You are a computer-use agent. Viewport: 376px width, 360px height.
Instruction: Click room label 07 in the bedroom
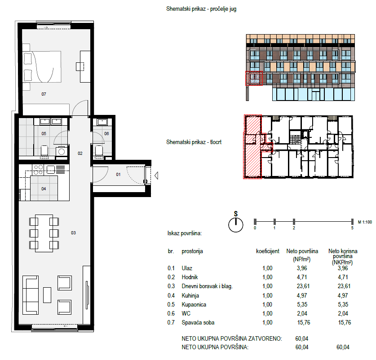point(44,94)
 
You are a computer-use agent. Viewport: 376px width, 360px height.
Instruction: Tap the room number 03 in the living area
point(73,233)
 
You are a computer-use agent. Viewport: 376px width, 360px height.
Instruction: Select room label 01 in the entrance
point(118,175)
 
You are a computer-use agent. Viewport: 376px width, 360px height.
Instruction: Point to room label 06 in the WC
point(106,133)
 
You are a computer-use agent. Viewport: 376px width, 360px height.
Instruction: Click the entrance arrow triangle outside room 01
point(156,176)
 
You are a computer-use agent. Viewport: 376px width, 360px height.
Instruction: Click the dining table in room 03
point(44,233)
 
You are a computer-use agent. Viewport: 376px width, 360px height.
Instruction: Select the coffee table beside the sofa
point(47,295)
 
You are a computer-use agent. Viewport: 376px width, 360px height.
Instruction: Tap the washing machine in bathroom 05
point(62,151)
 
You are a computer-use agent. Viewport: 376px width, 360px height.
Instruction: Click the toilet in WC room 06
point(99,151)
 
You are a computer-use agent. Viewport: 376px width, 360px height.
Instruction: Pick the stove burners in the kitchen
point(38,170)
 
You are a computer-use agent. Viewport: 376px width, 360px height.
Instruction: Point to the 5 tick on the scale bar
point(352,221)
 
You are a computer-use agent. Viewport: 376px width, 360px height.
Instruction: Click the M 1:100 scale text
point(365,222)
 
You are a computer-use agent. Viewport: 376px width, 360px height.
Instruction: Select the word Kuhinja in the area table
point(190,295)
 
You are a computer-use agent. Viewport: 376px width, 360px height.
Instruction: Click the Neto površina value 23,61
point(303,286)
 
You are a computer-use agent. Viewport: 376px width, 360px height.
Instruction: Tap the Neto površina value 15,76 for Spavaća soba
point(304,323)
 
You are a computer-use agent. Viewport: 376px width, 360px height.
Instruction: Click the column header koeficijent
point(268,251)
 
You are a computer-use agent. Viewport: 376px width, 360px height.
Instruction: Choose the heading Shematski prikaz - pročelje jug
point(201,9)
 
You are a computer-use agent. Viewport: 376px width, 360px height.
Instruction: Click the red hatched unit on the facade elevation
point(254,79)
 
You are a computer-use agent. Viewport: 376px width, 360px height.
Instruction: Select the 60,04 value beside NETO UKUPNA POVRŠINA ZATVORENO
point(302,338)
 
